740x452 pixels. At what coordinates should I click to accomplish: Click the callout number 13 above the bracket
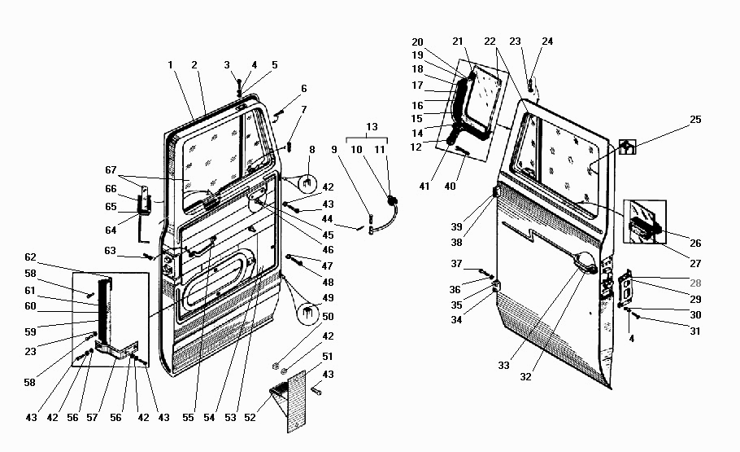pos(372,127)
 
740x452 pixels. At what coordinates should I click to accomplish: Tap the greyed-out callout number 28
pos(695,283)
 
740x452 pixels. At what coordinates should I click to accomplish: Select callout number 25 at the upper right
pos(695,119)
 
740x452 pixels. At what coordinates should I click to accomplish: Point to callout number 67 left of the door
pos(111,169)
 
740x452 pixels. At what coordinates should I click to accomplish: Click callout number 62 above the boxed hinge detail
pos(30,257)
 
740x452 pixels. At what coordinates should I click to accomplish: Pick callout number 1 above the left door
pos(171,65)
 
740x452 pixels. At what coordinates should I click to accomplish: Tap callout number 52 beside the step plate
pos(250,418)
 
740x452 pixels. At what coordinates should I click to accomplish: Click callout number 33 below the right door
pos(503,365)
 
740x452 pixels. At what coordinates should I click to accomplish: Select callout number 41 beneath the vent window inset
pos(424,187)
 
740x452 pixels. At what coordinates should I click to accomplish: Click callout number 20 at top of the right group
pos(417,42)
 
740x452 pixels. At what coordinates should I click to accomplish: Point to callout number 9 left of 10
pos(334,150)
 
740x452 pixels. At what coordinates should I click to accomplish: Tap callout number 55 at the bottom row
pos(188,418)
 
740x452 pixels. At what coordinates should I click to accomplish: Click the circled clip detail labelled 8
pos(307,182)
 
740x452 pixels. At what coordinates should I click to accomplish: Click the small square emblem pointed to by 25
pos(627,147)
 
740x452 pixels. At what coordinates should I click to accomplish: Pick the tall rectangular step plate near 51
pos(296,402)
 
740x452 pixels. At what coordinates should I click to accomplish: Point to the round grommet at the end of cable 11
pos(392,201)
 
